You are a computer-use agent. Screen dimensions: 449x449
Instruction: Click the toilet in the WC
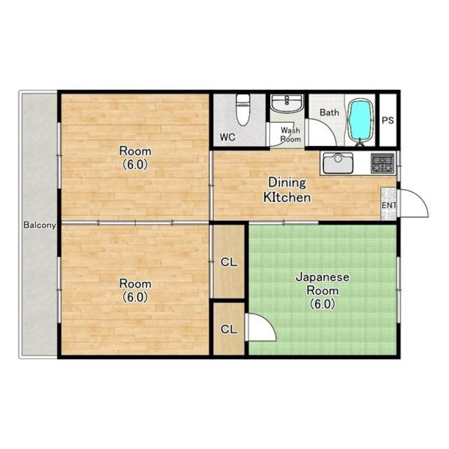pos(243,109)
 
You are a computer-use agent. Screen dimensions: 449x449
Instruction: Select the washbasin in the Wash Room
pos(287,104)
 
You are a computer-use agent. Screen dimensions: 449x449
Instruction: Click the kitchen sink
pos(338,163)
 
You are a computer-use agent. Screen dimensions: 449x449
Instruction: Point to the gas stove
pos(382,163)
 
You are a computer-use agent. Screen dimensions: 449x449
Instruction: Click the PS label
pos(388,120)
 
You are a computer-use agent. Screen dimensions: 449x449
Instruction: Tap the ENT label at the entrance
pos(389,206)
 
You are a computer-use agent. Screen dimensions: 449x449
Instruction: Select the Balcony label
pos(39,225)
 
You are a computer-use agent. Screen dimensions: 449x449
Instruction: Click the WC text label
pos(227,138)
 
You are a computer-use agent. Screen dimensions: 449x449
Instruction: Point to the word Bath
pos(329,112)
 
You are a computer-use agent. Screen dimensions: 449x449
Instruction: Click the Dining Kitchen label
pos(287,190)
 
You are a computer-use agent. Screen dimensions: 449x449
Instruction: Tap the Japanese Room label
pos(323,283)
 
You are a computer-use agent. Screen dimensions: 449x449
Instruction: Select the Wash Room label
pos(290,135)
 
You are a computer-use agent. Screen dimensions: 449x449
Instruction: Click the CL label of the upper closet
pos(229,262)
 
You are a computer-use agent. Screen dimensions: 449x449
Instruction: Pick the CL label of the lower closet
pos(229,329)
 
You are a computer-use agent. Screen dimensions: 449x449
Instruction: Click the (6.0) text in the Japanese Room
pos(323,304)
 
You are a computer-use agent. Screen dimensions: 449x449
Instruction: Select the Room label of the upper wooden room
pos(135,151)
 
